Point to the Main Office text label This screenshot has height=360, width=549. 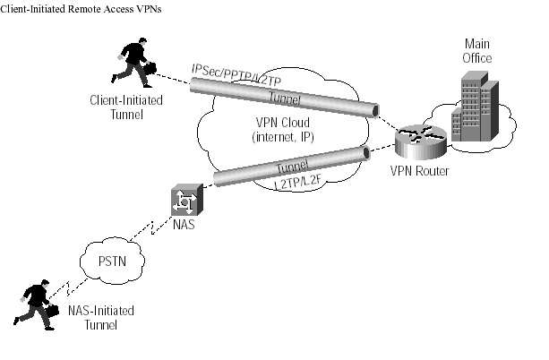pos(477,51)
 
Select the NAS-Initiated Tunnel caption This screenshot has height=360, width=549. pos(103,317)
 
